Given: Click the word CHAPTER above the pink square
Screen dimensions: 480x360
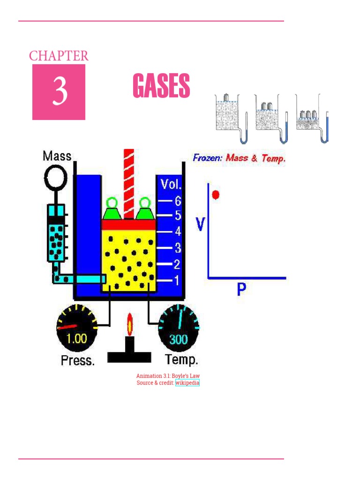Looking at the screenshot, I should pos(59,56).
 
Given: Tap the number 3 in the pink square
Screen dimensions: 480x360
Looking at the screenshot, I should pos(59,92).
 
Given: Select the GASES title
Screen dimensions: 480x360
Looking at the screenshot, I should pos(161,86).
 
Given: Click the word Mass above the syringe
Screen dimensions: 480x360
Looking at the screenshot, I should pos(57,156).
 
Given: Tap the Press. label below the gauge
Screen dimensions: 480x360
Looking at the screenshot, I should pos(78,361).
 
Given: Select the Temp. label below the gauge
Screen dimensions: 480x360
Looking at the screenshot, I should pos(182,360).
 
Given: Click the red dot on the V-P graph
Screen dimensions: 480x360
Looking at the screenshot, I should pos(215,194).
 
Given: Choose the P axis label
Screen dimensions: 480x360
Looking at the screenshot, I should pos(241,290).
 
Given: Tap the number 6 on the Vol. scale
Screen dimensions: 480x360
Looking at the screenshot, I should pos(177,201).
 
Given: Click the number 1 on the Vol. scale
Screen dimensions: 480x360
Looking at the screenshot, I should pos(177,281).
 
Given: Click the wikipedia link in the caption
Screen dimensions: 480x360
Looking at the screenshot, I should pos(187,383).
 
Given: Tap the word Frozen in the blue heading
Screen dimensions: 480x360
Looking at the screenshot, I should pos(208,158).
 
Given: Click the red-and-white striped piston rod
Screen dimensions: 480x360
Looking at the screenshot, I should pos(129,183).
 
